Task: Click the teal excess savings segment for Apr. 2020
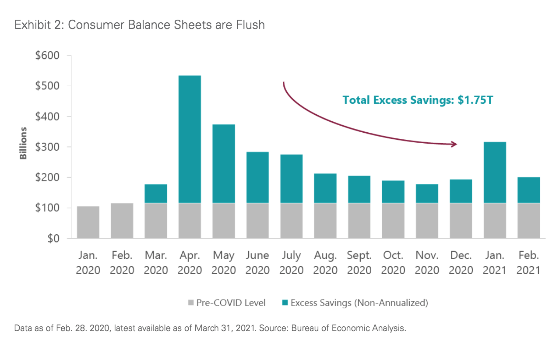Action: (190, 139)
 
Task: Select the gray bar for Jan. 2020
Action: (88, 222)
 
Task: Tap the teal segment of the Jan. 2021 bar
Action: (495, 172)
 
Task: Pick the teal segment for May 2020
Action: (224, 163)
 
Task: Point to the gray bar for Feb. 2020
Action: (122, 221)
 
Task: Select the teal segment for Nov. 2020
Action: (427, 194)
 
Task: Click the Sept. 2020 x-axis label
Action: (359, 263)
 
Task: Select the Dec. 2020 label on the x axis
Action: (461, 263)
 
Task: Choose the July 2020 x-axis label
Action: (291, 263)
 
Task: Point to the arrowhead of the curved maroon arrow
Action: (455, 144)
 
